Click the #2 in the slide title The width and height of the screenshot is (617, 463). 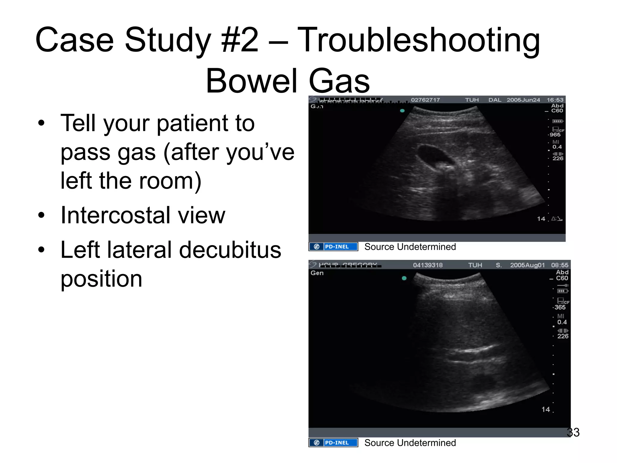pos(240,40)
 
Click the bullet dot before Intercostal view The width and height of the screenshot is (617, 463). pos(41,216)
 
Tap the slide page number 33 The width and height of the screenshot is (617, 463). pos(573,432)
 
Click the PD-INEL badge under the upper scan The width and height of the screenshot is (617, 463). pos(334,247)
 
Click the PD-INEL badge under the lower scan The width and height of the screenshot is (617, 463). pos(334,443)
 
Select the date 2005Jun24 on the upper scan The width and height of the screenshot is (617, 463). pos(523,100)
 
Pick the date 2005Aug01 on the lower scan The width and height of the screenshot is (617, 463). pos(527,265)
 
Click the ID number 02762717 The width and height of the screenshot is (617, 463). pos(425,100)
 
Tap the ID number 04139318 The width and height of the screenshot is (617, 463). pos(428,265)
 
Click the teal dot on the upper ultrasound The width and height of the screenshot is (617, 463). pos(402,111)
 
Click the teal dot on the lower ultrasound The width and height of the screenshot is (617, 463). pos(404,278)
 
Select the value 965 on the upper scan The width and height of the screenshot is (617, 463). pos(555,135)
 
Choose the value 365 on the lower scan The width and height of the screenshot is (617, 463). pos(560,307)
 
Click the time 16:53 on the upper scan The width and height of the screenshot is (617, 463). pos(555,100)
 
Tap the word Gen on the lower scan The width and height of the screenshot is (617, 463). pos(317,273)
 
